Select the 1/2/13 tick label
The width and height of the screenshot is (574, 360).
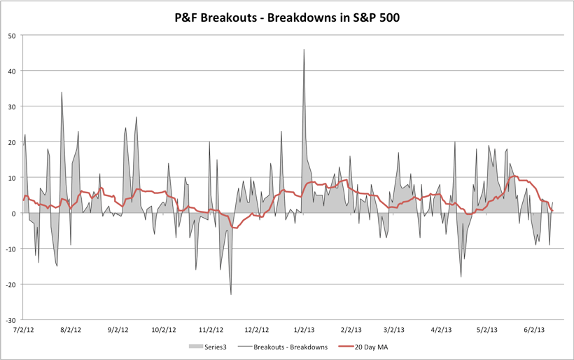(x=303, y=329)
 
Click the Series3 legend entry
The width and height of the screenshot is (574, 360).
(x=216, y=347)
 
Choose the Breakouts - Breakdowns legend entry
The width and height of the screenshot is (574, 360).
(x=293, y=347)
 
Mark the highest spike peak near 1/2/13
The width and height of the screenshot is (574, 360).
(x=304, y=50)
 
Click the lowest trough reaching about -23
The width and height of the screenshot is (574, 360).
(x=231, y=294)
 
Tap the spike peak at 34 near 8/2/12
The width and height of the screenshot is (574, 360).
(x=62, y=92)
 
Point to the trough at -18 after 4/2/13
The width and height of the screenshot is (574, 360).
(x=461, y=277)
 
